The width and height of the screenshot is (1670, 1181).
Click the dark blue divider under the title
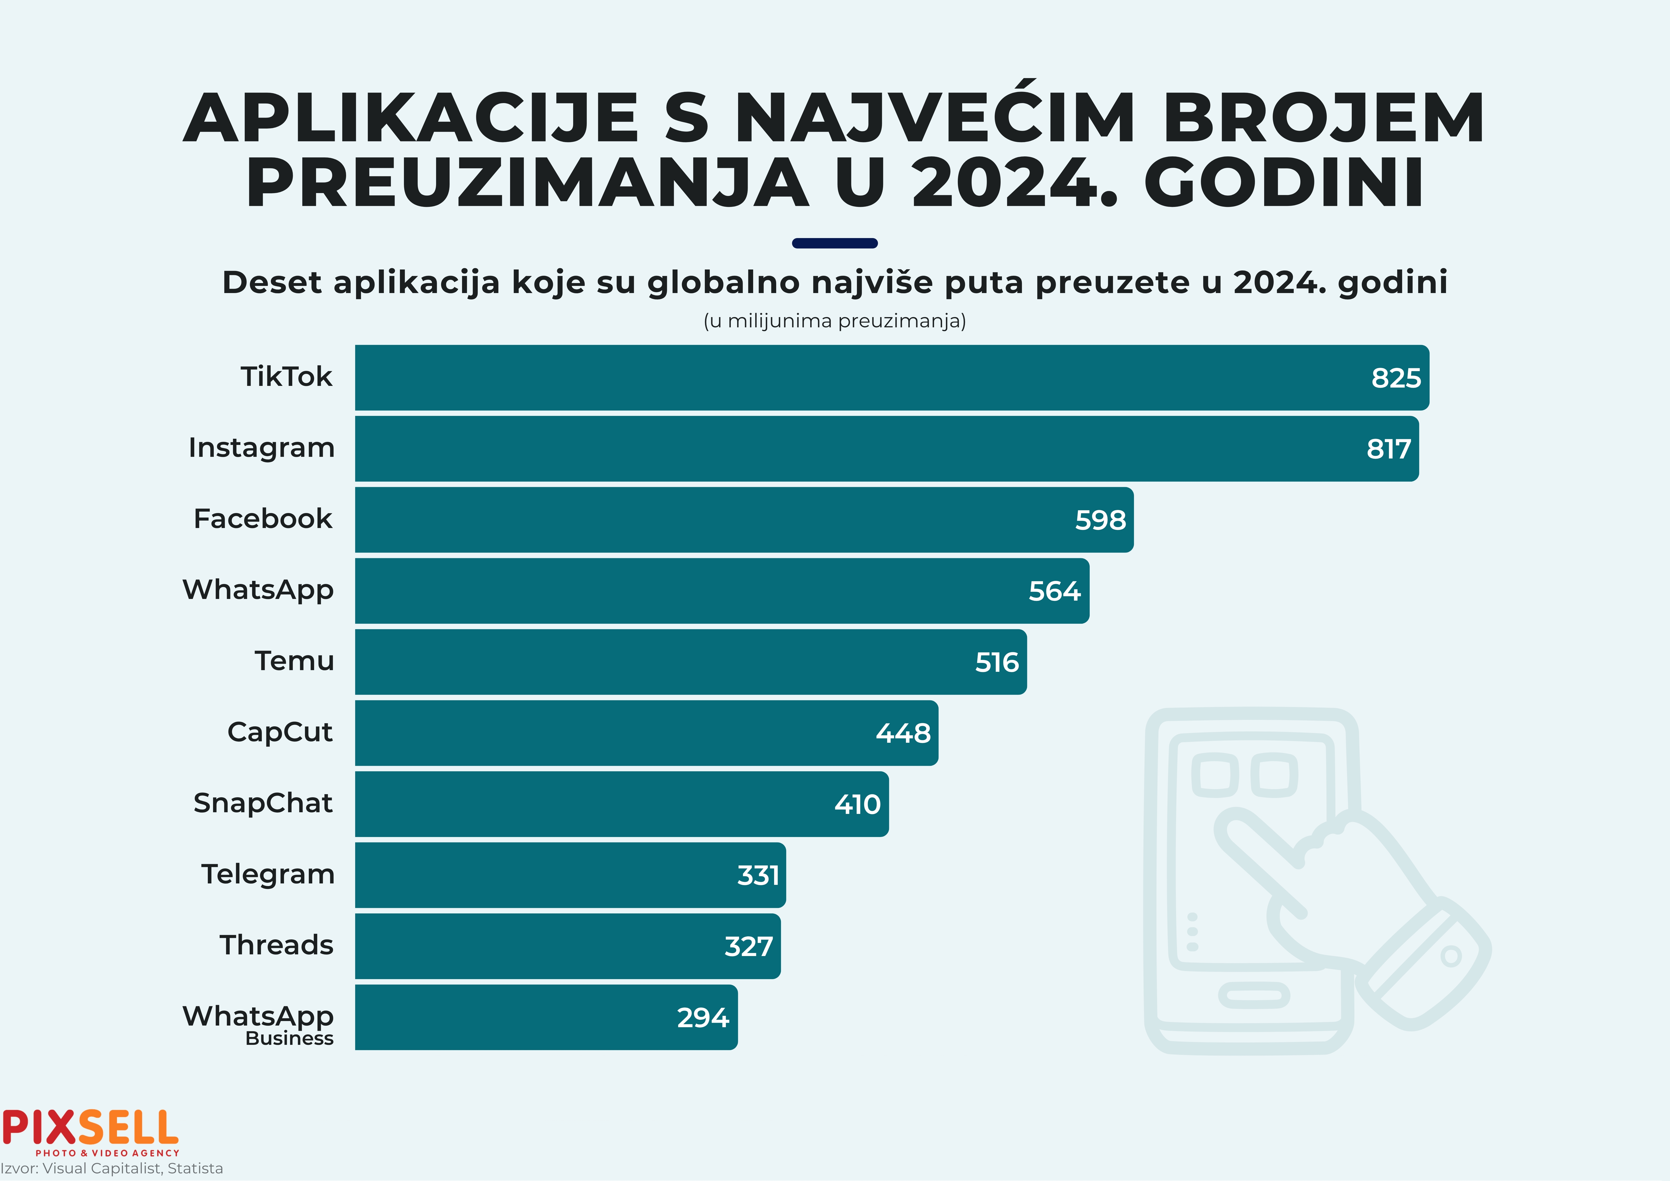(834, 243)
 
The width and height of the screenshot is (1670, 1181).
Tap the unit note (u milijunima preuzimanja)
(834, 321)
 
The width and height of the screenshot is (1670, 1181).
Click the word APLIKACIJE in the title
(411, 118)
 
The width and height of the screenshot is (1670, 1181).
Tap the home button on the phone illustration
(1253, 995)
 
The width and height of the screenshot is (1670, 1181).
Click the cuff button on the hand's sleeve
(1450, 956)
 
